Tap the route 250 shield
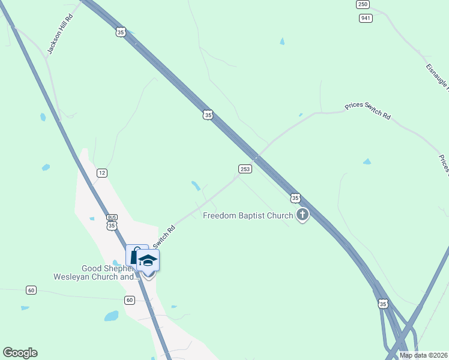pyautogui.click(x=362, y=4)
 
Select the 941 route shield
pyautogui.click(x=366, y=18)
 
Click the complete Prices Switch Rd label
pyautogui.click(x=367, y=112)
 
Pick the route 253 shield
pyautogui.click(x=245, y=169)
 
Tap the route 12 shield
pyautogui.click(x=101, y=173)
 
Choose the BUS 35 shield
pyautogui.click(x=111, y=222)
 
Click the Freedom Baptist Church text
pyautogui.click(x=248, y=215)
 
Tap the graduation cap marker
pyautogui.click(x=148, y=261)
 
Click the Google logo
pyautogui.click(x=20, y=353)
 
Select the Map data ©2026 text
pyautogui.click(x=423, y=355)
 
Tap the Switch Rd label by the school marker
pyautogui.click(x=164, y=236)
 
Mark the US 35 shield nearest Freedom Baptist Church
pyautogui.click(x=295, y=197)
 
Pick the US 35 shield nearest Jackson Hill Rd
pyautogui.click(x=121, y=32)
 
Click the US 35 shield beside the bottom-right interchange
pyautogui.click(x=383, y=305)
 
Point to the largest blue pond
pyautogui.click(x=111, y=316)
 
